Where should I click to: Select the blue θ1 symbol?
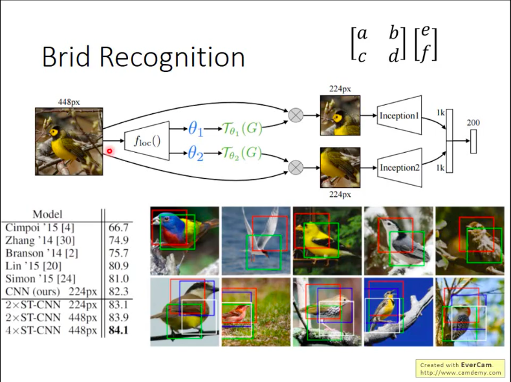click(x=195, y=129)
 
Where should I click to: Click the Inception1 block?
click(x=398, y=116)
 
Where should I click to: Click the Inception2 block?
click(x=398, y=168)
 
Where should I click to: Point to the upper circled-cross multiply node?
click(x=295, y=115)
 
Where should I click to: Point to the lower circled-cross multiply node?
click(x=295, y=167)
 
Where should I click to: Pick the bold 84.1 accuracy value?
click(x=118, y=331)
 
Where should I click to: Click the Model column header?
click(x=47, y=214)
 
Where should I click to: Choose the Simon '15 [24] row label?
click(x=40, y=279)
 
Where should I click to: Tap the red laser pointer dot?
click(x=109, y=152)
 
